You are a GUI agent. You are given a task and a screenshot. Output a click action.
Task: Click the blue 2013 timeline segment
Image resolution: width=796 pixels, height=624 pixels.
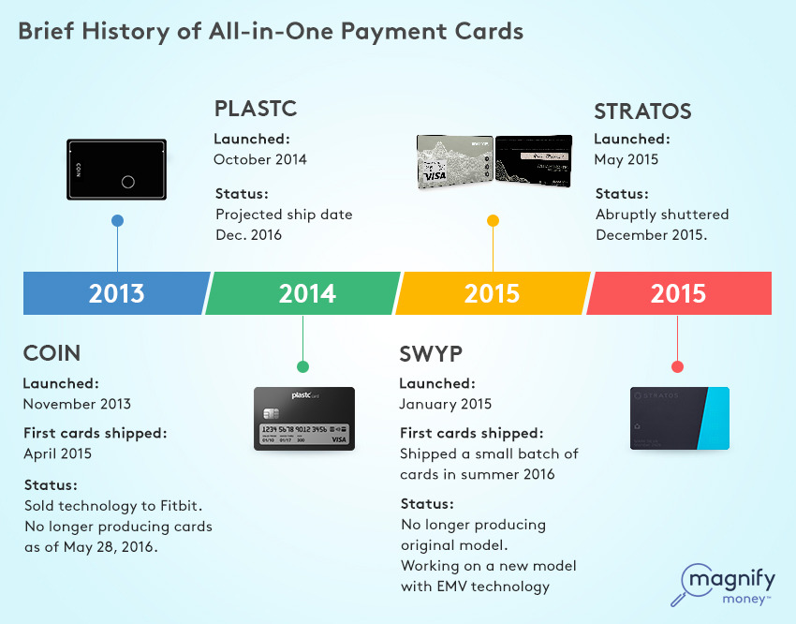pyautogui.click(x=116, y=293)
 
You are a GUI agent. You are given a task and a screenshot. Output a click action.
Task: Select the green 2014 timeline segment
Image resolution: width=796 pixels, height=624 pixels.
pyautogui.click(x=303, y=293)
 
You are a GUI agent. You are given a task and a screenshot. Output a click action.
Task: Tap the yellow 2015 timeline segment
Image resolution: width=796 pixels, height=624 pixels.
pyautogui.click(x=493, y=293)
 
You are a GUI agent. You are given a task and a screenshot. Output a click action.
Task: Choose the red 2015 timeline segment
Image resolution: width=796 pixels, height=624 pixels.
pyautogui.click(x=679, y=293)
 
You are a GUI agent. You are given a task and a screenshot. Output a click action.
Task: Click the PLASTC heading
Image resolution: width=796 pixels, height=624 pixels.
pyautogui.click(x=256, y=109)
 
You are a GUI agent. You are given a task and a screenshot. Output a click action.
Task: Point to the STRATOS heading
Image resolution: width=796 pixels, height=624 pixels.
pyautogui.click(x=642, y=111)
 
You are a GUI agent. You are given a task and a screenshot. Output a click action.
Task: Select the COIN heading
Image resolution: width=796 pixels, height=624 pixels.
pyautogui.click(x=52, y=353)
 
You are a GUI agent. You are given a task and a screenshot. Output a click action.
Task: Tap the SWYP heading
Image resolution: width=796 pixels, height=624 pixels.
pyautogui.click(x=431, y=354)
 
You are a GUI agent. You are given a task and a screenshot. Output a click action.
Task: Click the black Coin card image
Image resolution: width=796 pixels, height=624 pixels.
pyautogui.click(x=117, y=169)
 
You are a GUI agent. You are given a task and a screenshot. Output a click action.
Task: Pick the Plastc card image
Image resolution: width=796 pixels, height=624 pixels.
pyautogui.click(x=304, y=419)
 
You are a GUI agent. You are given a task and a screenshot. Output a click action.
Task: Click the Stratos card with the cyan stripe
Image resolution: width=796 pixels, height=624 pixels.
pyautogui.click(x=680, y=419)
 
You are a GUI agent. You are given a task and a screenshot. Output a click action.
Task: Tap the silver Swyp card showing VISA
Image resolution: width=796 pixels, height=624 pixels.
pyautogui.click(x=455, y=161)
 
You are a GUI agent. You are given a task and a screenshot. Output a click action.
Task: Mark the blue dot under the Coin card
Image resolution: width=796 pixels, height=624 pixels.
pyautogui.click(x=117, y=220)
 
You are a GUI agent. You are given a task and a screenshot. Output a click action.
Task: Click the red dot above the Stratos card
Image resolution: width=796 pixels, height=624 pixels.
pyautogui.click(x=677, y=366)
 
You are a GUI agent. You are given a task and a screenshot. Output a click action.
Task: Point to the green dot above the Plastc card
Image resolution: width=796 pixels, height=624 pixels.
pyautogui.click(x=302, y=366)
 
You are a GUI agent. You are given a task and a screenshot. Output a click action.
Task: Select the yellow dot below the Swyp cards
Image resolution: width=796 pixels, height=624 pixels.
pyautogui.click(x=493, y=220)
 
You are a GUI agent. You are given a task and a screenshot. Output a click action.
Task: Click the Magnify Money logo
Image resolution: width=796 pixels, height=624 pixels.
pyautogui.click(x=723, y=585)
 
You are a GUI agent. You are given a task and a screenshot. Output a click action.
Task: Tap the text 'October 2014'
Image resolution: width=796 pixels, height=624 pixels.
pyautogui.click(x=260, y=159)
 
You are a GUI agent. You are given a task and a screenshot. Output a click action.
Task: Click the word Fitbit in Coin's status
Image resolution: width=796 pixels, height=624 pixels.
pyautogui.click(x=182, y=506)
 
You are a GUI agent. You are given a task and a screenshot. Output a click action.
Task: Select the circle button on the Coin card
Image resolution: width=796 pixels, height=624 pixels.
pyautogui.click(x=128, y=182)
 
